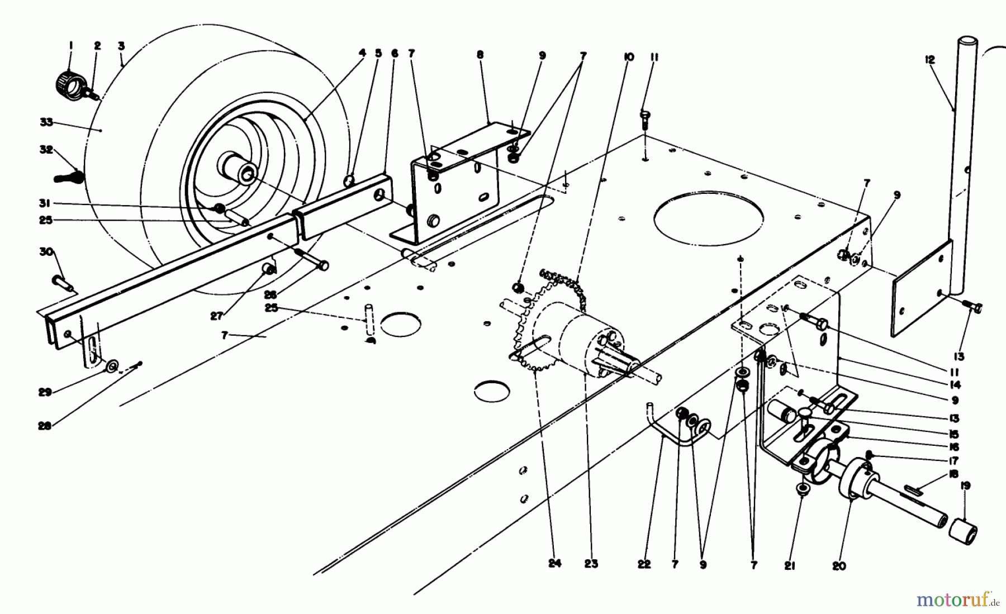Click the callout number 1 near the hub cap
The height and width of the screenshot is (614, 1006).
pyautogui.click(x=70, y=46)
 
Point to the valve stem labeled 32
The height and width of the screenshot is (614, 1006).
pyautogui.click(x=68, y=178)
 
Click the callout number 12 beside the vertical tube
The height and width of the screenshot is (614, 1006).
pyautogui.click(x=930, y=60)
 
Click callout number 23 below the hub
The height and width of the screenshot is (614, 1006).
pyautogui.click(x=591, y=564)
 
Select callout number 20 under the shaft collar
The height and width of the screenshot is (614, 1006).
pyautogui.click(x=839, y=566)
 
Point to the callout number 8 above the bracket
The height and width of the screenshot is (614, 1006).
pyautogui.click(x=481, y=55)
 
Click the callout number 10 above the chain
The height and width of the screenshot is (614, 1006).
pyautogui.click(x=628, y=57)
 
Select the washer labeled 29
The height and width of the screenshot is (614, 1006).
pyautogui.click(x=112, y=367)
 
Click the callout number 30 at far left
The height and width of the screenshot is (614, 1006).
pyautogui.click(x=45, y=252)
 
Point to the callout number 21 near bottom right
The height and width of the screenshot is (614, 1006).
pyautogui.click(x=789, y=566)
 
